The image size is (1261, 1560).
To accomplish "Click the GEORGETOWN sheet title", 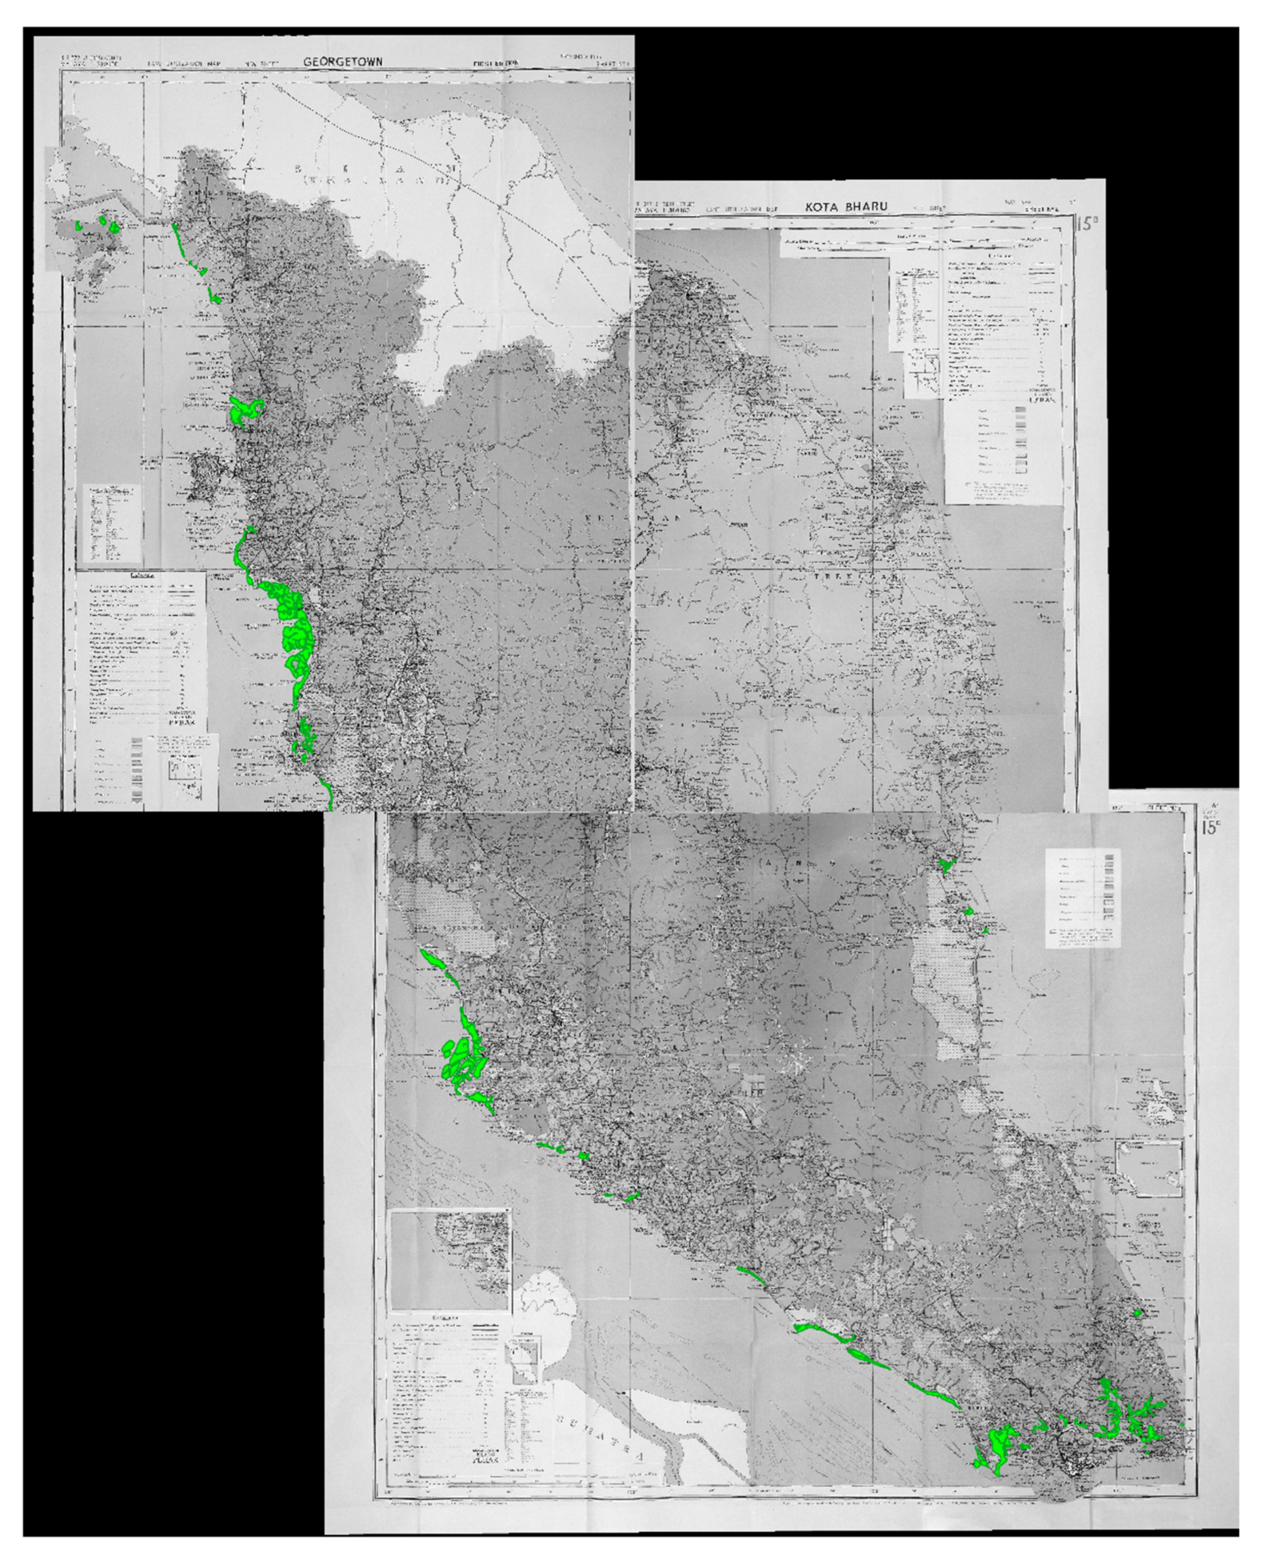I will pyautogui.click(x=333, y=63).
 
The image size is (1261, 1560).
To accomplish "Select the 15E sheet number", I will pyautogui.click(x=1210, y=828).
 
